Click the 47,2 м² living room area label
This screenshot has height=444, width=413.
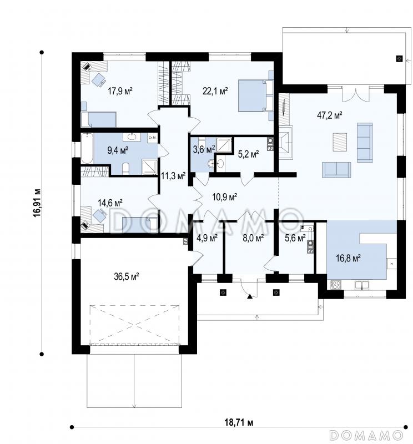tap(329, 115)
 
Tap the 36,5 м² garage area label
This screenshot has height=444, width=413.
tap(127, 276)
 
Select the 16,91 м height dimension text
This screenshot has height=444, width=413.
tap(37, 203)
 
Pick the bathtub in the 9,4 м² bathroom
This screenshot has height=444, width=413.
tap(87, 148)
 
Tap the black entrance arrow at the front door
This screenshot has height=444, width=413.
tap(250, 296)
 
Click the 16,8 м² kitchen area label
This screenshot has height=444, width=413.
tap(348, 258)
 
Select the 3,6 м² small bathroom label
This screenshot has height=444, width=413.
tap(204, 149)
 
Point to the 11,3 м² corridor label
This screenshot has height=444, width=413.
tap(173, 176)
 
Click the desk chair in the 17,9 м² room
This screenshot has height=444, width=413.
tap(99, 80)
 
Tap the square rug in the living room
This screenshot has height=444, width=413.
tap(340, 142)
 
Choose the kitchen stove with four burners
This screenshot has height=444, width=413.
tap(336, 284)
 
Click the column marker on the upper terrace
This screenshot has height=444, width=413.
tap(399, 59)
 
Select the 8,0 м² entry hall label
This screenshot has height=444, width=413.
tap(253, 238)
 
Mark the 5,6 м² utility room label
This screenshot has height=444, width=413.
tap(295, 238)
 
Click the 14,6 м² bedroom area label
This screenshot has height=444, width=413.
tap(110, 203)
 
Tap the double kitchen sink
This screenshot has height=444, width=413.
tap(362, 285)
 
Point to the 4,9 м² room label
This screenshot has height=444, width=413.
tap(207, 238)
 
